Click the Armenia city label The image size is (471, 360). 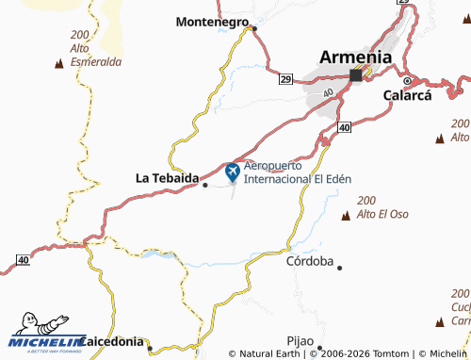point(356,57)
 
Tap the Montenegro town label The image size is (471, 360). point(212,21)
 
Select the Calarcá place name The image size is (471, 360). point(407,95)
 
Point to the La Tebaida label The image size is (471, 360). point(167,176)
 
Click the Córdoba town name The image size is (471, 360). point(309,263)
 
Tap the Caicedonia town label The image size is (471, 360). point(114,341)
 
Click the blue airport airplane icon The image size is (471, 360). point(233,172)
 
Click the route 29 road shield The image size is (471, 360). point(285,80)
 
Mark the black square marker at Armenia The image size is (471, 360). point(355,75)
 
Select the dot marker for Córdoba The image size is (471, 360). point(339,268)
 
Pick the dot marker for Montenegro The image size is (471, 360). point(254,28)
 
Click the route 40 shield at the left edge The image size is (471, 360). point(21,258)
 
